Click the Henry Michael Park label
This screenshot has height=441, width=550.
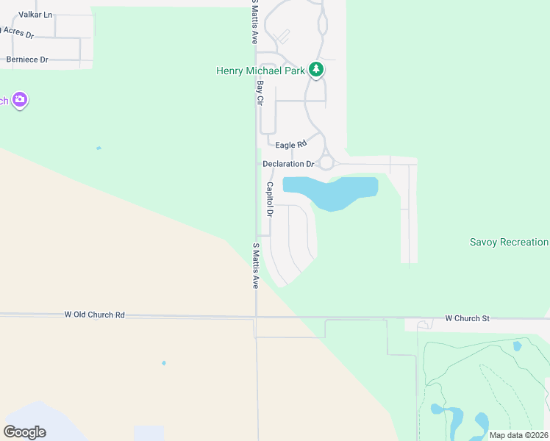point(261,71)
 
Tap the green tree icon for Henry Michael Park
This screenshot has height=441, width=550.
point(316,70)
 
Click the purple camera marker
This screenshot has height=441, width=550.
point(20,100)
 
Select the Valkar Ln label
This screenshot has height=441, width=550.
point(35,15)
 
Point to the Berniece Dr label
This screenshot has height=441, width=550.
point(27,60)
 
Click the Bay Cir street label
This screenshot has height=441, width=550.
point(260,92)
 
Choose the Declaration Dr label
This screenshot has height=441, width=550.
point(288,164)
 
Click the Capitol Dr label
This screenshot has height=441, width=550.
point(270,199)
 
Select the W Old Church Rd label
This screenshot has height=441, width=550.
point(94,315)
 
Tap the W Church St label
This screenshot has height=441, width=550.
point(467,318)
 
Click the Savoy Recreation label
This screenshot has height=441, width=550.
point(509,242)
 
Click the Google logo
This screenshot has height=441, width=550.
point(25,432)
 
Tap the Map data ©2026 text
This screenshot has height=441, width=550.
point(518,435)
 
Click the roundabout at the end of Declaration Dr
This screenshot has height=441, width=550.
point(326,163)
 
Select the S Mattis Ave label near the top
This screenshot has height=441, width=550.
point(254,22)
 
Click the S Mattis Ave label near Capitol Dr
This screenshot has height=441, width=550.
point(256,265)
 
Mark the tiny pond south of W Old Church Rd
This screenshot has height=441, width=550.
point(163,363)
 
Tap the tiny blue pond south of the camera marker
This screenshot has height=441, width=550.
point(99,148)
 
